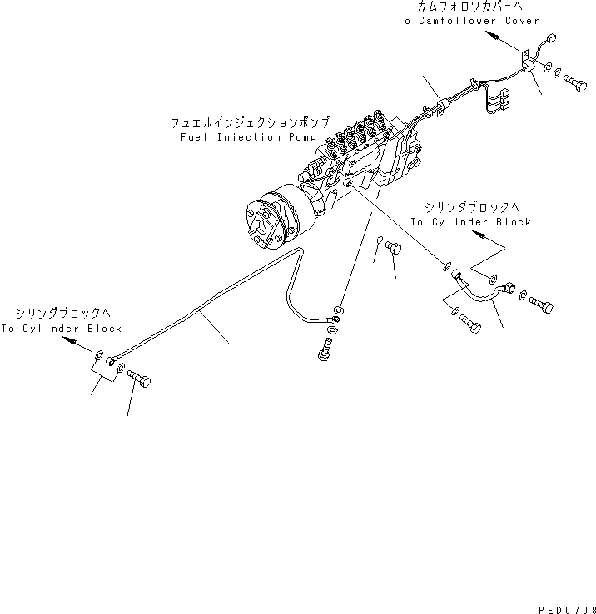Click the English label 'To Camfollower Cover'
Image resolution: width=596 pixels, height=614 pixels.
coord(468,21)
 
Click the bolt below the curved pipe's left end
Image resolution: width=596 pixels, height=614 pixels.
coord(470,325)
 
